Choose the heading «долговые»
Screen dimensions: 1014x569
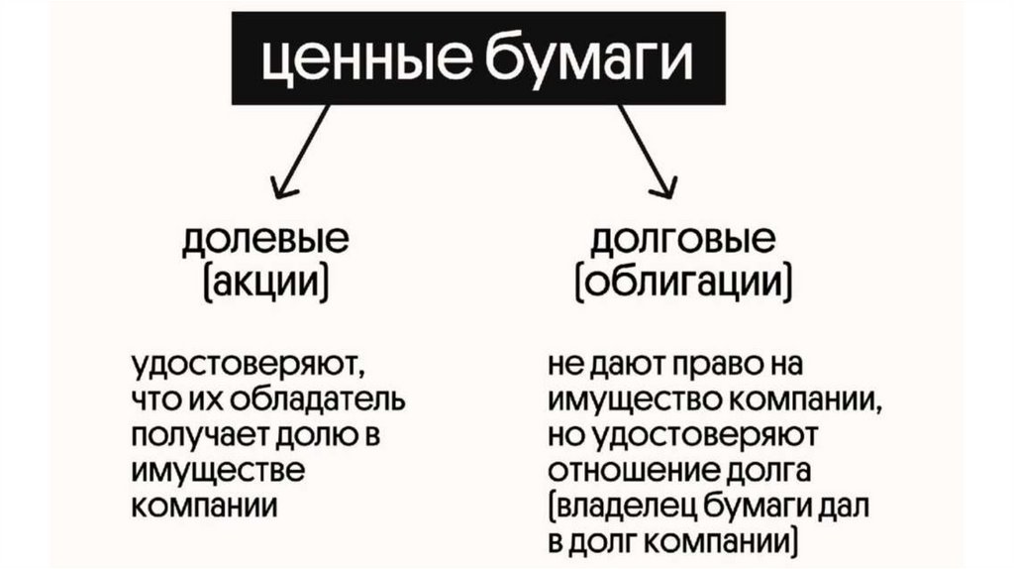click(x=682, y=242)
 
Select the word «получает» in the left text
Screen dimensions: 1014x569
click(x=187, y=436)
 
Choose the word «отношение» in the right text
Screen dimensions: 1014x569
click(x=626, y=470)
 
